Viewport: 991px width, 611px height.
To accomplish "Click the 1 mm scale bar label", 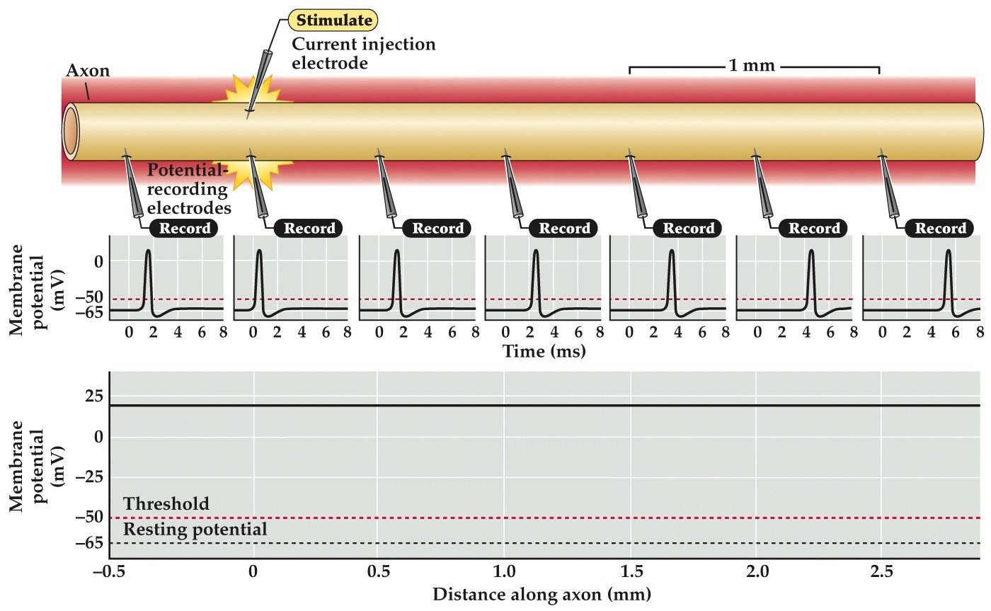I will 753,67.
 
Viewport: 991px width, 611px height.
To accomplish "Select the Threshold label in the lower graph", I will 166,504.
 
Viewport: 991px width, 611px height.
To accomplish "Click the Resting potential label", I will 195,530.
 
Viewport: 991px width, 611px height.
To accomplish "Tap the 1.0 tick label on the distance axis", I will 503,571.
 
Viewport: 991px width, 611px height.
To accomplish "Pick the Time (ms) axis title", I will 544,350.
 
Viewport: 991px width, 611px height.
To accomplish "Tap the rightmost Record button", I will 940,228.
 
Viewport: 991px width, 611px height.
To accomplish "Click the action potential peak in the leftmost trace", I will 148,251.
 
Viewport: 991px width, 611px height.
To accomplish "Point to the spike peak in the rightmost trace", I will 948,251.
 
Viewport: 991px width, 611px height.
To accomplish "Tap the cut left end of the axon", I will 71,132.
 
